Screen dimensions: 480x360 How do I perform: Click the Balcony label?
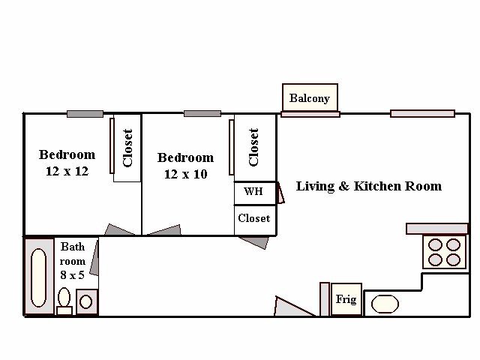310,98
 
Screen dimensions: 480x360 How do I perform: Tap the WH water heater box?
255,193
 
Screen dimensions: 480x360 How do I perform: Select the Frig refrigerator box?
346,299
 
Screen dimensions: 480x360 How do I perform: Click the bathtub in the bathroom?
38,277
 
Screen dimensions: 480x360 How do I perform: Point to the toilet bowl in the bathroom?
64,297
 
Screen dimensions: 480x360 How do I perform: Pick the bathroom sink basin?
85,301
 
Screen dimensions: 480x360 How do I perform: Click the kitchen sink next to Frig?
385,304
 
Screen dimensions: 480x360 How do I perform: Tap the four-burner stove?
444,252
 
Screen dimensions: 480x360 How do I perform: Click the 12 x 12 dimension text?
67,171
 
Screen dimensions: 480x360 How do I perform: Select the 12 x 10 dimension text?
186,174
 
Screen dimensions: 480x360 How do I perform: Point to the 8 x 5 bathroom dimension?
72,275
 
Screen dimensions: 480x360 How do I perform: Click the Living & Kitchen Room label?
369,187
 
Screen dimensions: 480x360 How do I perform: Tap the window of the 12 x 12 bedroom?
85,114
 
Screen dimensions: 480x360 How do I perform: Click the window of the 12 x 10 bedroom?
202,113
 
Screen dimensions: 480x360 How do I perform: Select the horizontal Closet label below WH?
254,218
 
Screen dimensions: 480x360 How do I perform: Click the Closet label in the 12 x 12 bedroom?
127,148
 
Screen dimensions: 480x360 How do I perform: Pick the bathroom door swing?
94,258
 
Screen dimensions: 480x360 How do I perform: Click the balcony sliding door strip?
310,115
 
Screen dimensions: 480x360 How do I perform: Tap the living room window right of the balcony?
423,114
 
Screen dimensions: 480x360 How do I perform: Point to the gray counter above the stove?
437,229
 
